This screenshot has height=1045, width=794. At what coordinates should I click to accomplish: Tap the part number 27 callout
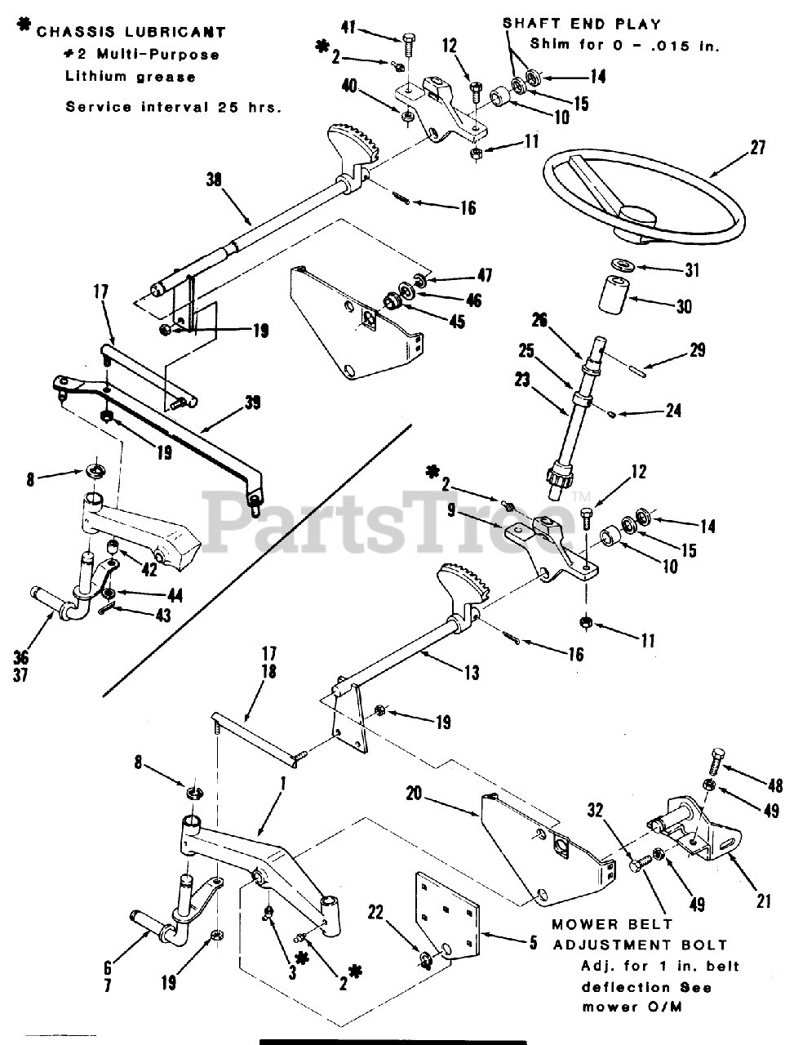pos(760,149)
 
